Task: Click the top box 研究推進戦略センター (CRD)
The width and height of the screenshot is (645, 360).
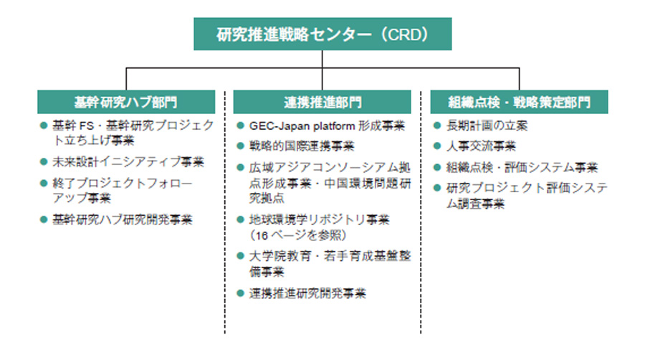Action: pos(322,34)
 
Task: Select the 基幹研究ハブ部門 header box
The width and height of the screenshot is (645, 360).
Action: pos(126,102)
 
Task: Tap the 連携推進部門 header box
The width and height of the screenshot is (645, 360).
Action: pos(322,102)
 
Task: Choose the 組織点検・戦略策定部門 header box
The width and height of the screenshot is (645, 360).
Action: pos(519,102)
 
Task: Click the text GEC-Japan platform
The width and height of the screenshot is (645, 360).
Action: pos(302,125)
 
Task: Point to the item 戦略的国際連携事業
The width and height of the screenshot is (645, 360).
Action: pos(302,146)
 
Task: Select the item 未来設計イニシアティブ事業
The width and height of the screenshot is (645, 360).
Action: pos(128,161)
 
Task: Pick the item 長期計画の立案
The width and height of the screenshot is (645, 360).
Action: pos(487,125)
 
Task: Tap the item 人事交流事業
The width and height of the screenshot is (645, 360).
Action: pos(481,146)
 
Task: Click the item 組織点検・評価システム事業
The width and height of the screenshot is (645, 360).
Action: pos(522,168)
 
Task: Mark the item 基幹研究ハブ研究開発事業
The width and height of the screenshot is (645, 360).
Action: pos(122,219)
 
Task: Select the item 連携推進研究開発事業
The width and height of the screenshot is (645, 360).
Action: pos(307,293)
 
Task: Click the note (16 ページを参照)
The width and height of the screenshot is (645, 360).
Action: pos(298,235)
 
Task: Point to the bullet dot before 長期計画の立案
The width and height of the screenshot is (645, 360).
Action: pos(437,125)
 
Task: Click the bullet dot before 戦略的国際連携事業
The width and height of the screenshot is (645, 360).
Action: pos(241,146)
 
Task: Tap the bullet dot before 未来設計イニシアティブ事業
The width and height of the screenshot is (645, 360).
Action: pos(44,161)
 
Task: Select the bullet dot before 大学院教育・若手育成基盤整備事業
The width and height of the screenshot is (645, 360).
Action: pos(241,256)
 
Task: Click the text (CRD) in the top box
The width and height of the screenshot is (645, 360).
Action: pos(405,34)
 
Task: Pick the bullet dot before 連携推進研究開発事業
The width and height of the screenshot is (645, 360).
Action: pos(241,293)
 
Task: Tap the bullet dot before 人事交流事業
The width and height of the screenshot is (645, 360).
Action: pos(437,146)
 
